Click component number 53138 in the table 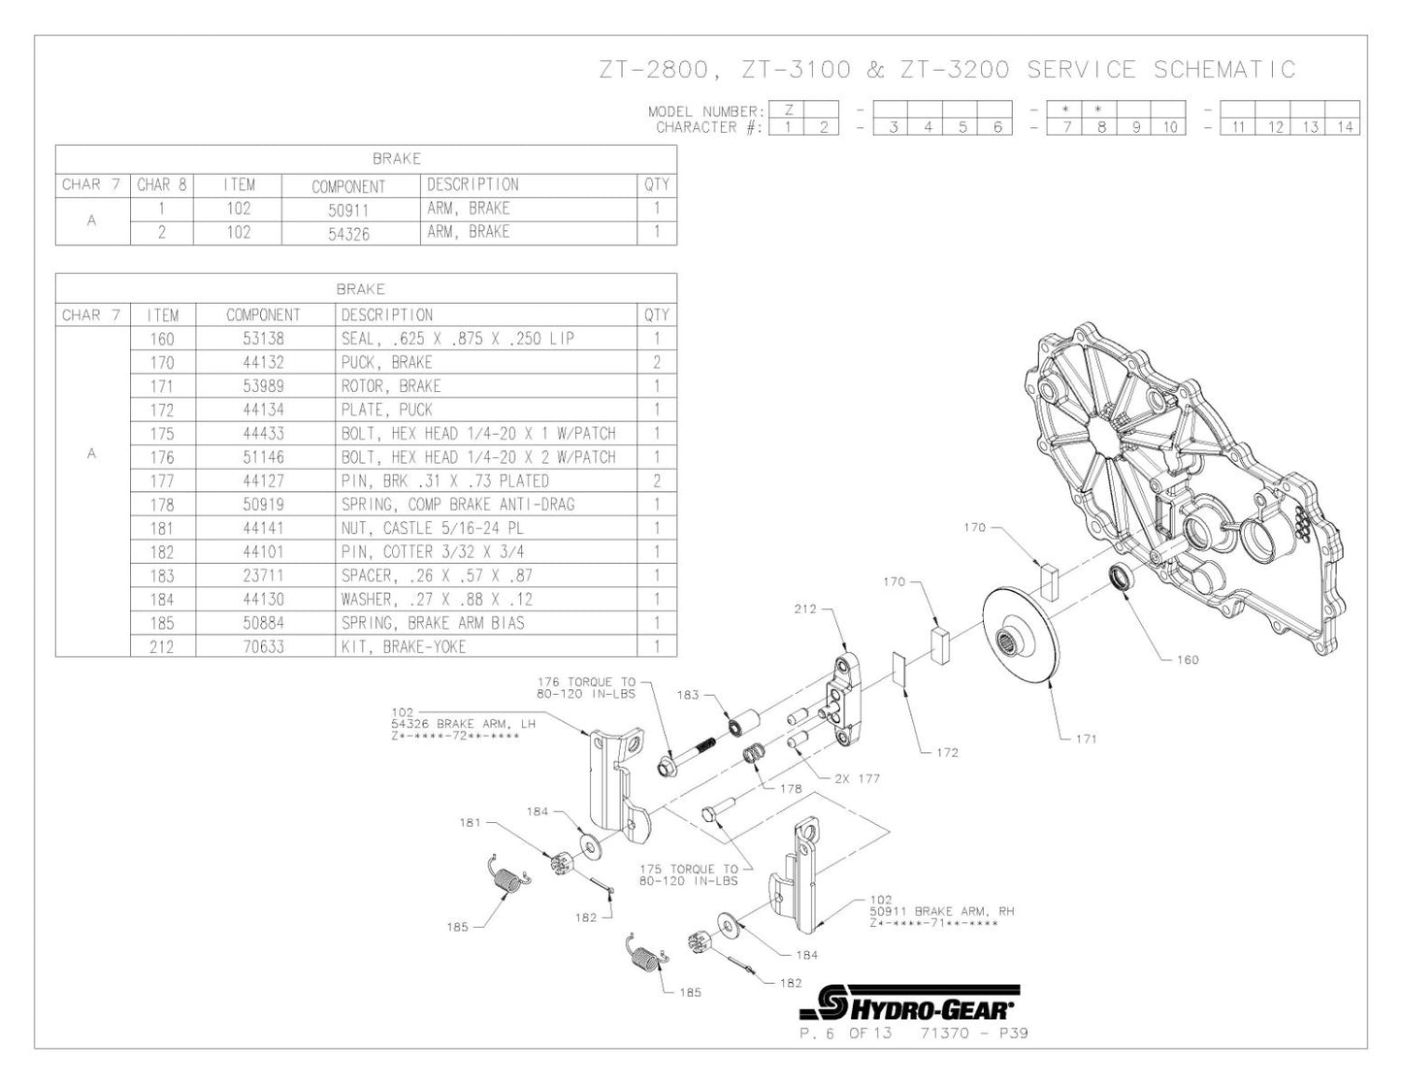tap(263, 339)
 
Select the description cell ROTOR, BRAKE tap(390, 386)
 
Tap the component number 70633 tap(263, 646)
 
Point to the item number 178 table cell tap(162, 505)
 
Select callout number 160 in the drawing tap(1187, 660)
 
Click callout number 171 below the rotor tap(1086, 739)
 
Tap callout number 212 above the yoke tap(805, 609)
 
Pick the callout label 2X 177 tap(856, 778)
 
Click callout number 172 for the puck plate tap(947, 752)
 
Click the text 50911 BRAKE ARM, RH tap(941, 912)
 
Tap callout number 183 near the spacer tap(687, 695)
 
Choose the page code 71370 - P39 tap(973, 1033)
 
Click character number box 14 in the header tap(1345, 127)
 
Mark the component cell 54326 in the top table tap(349, 234)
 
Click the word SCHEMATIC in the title tap(1224, 70)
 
